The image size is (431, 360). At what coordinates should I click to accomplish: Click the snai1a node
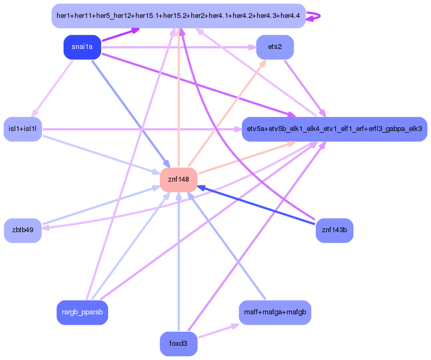pyautogui.click(x=83, y=47)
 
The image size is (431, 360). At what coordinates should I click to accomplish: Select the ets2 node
pyautogui.click(x=275, y=47)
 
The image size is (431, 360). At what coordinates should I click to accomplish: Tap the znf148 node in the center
pyautogui.click(x=178, y=179)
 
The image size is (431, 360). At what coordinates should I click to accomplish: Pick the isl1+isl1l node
pyautogui.click(x=23, y=129)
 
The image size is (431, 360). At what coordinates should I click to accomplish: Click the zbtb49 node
pyautogui.click(x=23, y=230)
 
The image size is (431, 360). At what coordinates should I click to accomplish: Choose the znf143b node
pyautogui.click(x=334, y=230)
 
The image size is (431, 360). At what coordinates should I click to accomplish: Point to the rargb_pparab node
pyautogui.click(x=83, y=313)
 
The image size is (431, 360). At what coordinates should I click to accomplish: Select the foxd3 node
pyautogui.click(x=178, y=344)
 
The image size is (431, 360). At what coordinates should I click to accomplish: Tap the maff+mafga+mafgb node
pyautogui.click(x=275, y=313)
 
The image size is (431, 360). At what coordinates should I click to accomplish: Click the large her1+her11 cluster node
pyautogui.click(x=178, y=16)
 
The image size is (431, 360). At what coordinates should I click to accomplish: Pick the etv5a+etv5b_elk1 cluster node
pyautogui.click(x=334, y=129)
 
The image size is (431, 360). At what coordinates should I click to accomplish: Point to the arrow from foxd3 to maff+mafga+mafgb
pyautogui.click(x=217, y=331)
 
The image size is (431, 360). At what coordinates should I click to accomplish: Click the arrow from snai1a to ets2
pyautogui.click(x=179, y=47)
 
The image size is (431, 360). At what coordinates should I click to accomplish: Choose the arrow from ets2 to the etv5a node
pyautogui.click(x=305, y=88)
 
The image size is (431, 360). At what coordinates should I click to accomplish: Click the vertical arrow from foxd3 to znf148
pyautogui.click(x=178, y=261)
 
